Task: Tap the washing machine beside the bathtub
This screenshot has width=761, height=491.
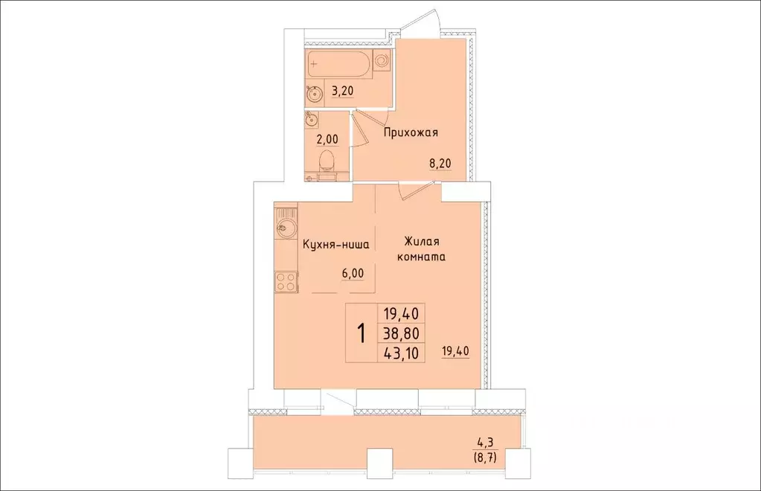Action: click(x=382, y=61)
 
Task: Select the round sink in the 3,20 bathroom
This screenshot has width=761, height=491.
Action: click(x=313, y=93)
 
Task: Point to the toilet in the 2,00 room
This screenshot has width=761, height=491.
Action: click(x=326, y=161)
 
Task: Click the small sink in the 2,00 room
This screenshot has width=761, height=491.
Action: click(x=311, y=119)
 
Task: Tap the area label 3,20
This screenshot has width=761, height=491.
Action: click(x=342, y=92)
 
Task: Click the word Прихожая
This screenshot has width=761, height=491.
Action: click(x=411, y=133)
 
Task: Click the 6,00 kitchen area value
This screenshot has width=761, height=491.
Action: click(x=353, y=273)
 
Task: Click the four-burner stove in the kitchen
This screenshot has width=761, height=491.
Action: click(x=286, y=280)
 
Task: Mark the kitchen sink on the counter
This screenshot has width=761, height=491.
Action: click(x=284, y=228)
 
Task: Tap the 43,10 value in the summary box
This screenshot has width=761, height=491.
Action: click(x=400, y=353)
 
